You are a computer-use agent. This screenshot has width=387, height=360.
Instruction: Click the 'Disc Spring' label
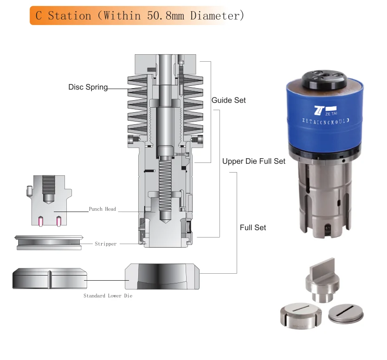click(88, 87)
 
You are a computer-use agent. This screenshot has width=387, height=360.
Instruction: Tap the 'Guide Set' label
click(228, 100)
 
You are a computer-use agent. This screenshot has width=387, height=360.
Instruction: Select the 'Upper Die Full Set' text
click(253, 161)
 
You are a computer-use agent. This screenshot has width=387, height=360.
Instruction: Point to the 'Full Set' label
click(253, 227)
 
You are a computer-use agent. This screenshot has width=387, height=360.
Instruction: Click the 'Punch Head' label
click(102, 209)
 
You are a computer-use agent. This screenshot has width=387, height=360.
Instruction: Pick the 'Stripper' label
click(105, 244)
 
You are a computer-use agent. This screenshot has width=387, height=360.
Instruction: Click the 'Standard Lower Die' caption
click(108, 296)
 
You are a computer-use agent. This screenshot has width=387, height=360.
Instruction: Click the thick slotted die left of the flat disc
click(302, 316)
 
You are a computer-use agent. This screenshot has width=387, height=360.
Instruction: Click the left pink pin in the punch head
click(41, 221)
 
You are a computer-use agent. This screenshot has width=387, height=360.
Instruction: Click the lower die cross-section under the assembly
click(162, 277)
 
